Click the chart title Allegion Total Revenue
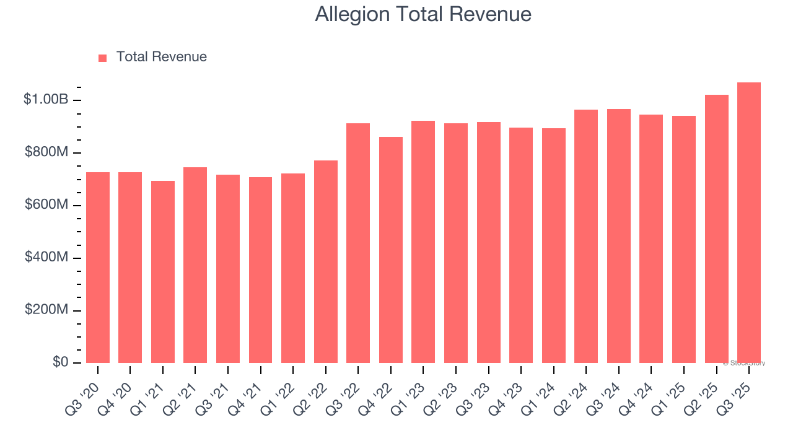pyautogui.click(x=423, y=14)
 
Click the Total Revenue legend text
pyautogui.click(x=161, y=57)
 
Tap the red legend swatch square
pyautogui.click(x=103, y=58)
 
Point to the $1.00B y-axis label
pyautogui.click(x=46, y=99)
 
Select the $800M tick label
pyautogui.click(x=46, y=152)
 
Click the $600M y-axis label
pyautogui.click(x=46, y=204)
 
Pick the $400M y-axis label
pyautogui.click(x=46, y=257)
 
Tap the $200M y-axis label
pyautogui.click(x=46, y=310)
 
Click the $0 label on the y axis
pyautogui.click(x=60, y=362)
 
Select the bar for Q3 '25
pyautogui.click(x=748, y=223)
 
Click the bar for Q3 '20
pyautogui.click(x=98, y=268)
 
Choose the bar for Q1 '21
pyautogui.click(x=163, y=272)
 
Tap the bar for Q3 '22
pyautogui.click(x=358, y=243)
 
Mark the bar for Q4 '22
pyautogui.click(x=391, y=250)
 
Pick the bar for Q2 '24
pyautogui.click(x=586, y=237)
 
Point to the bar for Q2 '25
pyautogui.click(x=716, y=229)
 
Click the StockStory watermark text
pyautogui.click(x=744, y=363)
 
